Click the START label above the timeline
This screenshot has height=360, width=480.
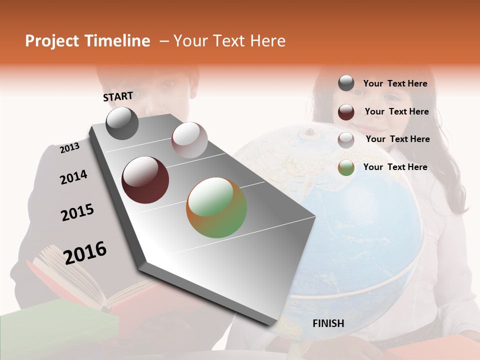tap(118, 96)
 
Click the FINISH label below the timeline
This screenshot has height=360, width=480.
tap(328, 323)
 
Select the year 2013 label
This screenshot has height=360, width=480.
tap(69, 147)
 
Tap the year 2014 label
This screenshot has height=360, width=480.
tap(73, 177)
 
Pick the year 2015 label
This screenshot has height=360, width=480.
tap(77, 212)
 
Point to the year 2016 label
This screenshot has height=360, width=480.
tap(85, 252)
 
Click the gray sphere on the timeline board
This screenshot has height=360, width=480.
tap(122, 123)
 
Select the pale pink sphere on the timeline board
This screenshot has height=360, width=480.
tap(189, 140)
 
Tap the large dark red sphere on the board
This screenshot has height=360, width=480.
tap(145, 180)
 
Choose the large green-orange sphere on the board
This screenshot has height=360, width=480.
tap(216, 207)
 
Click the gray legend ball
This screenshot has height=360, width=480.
tap(346, 83)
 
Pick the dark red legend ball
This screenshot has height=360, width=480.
tap(346, 112)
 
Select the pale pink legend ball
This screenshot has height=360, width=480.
tap(346, 139)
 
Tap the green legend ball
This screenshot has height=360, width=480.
tap(346, 167)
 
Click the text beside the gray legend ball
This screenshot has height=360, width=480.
tap(395, 83)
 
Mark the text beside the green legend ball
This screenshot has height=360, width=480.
tap(395, 167)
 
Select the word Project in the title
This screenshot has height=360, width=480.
tap(52, 41)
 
